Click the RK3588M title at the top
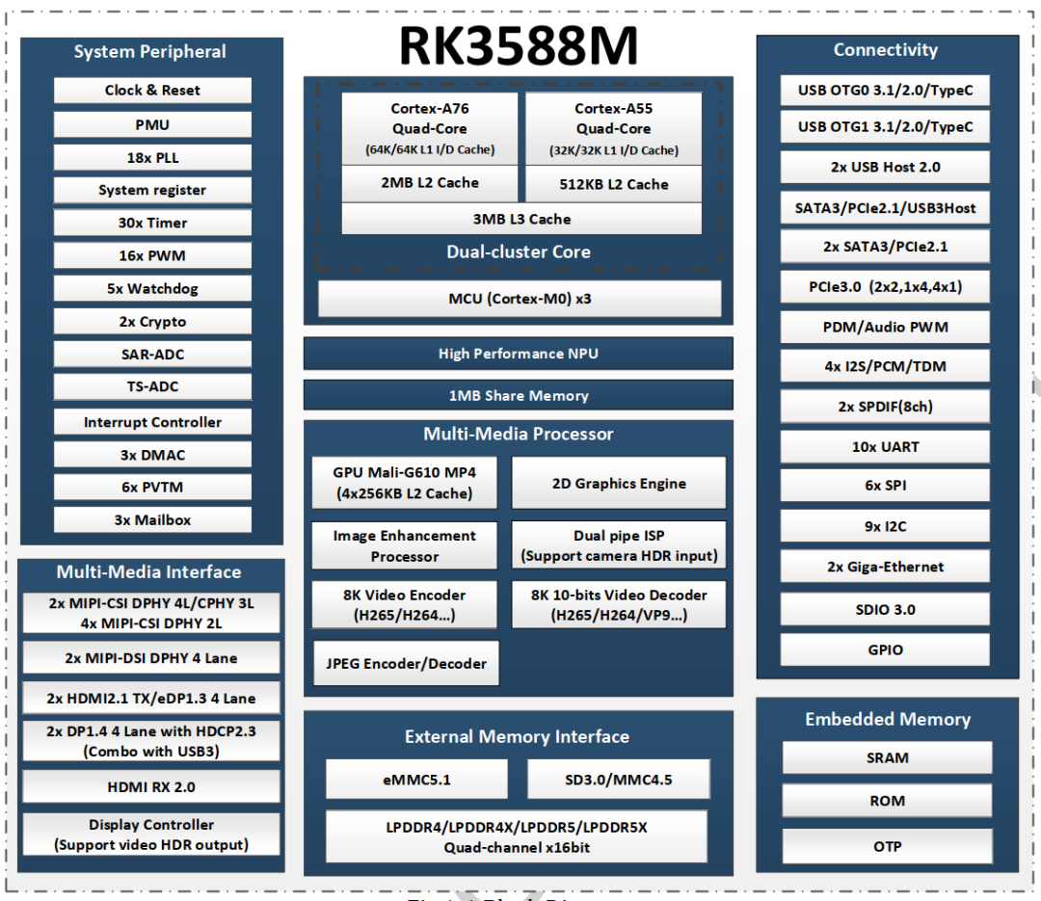click(518, 45)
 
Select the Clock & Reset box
click(152, 91)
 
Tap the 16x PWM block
click(152, 255)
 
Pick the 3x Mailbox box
click(152, 520)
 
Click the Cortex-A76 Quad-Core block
click(430, 128)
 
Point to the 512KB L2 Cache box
click(613, 184)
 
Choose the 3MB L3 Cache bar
click(521, 219)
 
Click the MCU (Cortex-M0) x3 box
click(520, 299)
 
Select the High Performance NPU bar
click(519, 354)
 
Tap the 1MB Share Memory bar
click(519, 396)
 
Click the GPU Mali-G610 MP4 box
click(404, 483)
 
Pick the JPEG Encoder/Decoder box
click(407, 663)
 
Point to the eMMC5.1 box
click(417, 780)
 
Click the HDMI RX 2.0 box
click(151, 786)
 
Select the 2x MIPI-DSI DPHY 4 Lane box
click(151, 658)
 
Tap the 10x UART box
click(885, 447)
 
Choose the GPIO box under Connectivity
click(885, 650)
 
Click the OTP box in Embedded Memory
click(887, 847)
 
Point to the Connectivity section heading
click(886, 50)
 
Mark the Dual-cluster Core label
click(519, 252)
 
